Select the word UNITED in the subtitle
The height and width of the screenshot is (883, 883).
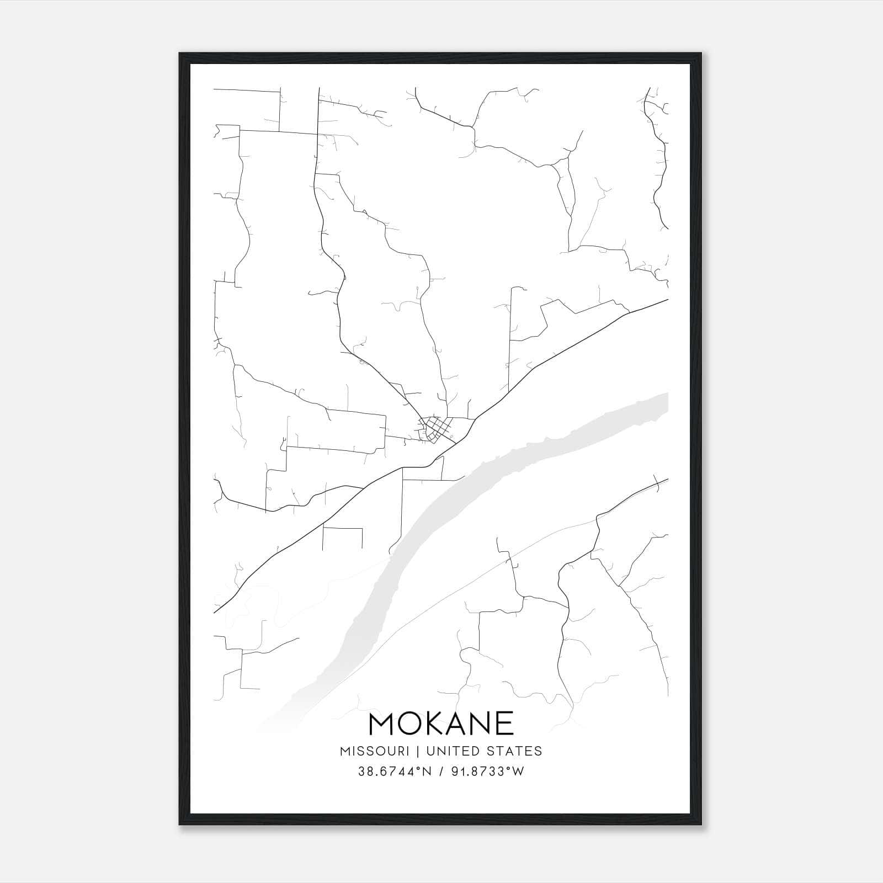click(x=446, y=751)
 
